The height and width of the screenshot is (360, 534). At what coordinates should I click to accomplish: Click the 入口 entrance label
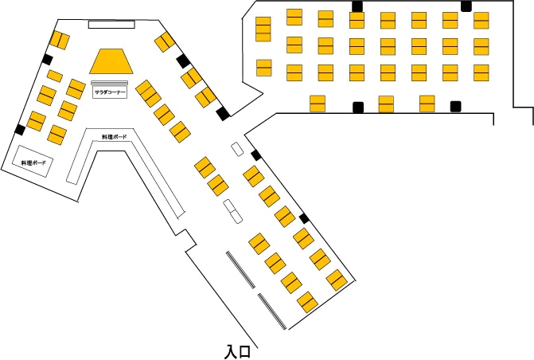point(238,350)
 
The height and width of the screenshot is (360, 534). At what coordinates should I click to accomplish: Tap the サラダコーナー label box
point(111,92)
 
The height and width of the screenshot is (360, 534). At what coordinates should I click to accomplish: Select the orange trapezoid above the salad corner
point(111,61)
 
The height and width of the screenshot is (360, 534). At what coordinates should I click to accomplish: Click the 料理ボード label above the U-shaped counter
point(114,137)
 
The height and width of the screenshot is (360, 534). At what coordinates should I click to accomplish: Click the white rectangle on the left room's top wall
point(111,25)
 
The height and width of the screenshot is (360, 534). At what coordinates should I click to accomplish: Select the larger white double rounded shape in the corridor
point(232,210)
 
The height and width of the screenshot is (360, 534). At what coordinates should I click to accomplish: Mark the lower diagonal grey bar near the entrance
point(271,311)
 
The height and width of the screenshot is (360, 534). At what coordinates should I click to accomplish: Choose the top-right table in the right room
point(481,19)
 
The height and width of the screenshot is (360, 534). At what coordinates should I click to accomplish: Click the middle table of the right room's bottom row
point(386,104)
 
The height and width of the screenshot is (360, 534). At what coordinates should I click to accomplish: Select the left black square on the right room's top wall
point(357,6)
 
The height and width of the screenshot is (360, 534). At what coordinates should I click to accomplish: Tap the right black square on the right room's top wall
point(466,6)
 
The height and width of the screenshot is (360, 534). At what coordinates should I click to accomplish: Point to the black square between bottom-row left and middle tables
point(358,107)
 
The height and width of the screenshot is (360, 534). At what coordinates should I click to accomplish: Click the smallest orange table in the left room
point(55,76)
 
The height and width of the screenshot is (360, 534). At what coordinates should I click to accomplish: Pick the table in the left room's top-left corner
point(59,38)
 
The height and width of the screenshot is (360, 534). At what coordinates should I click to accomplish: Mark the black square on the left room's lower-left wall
point(20,130)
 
